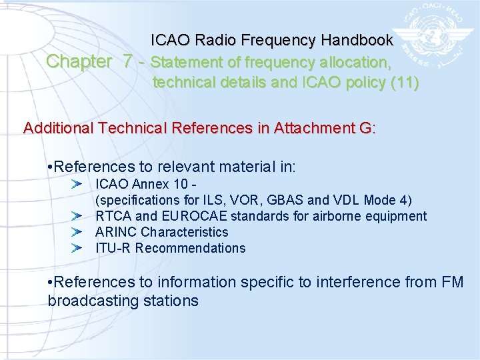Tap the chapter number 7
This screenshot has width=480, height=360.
[128, 62]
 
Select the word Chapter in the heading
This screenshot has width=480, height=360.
[79, 62]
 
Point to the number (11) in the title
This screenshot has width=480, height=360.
[405, 83]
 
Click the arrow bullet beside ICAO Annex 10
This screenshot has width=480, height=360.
[77, 183]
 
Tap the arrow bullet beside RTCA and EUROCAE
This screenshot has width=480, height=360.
[77, 216]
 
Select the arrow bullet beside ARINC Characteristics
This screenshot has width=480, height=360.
[77, 232]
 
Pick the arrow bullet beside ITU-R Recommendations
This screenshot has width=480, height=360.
[77, 248]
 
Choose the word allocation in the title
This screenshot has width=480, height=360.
[357, 63]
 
